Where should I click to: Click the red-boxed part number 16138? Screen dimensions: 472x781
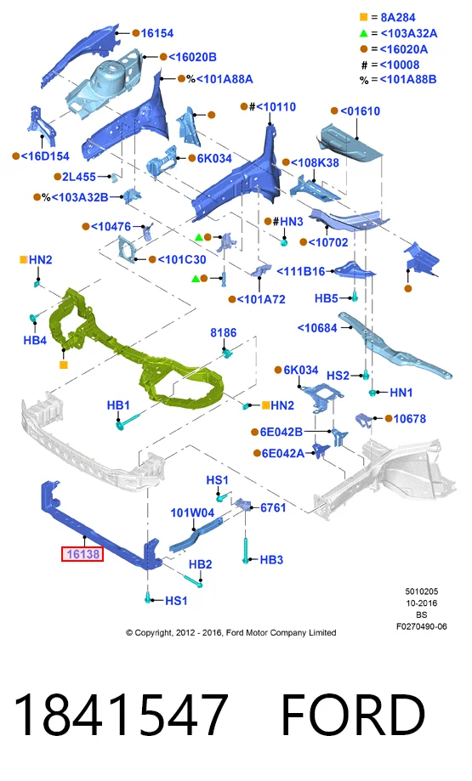pyautogui.click(x=82, y=554)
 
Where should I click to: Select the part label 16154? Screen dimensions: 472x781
pyautogui.click(x=157, y=33)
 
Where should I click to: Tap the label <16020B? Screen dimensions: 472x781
pyautogui.click(x=192, y=57)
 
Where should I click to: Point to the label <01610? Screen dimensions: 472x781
pyautogui.click(x=360, y=111)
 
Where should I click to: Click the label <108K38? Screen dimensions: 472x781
pyautogui.click(x=315, y=163)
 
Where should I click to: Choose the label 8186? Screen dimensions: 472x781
pyautogui.click(x=224, y=333)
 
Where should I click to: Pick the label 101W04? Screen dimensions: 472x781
pyautogui.click(x=192, y=512)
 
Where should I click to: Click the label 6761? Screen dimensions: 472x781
pyautogui.click(x=273, y=507)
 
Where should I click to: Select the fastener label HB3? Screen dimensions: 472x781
pyautogui.click(x=271, y=560)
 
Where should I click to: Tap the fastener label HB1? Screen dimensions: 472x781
pyautogui.click(x=118, y=405)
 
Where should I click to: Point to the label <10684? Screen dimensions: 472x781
pyautogui.click(x=317, y=328)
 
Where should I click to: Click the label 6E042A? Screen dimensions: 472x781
pyautogui.click(x=282, y=453)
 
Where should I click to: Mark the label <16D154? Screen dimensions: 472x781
pyautogui.click(x=45, y=156)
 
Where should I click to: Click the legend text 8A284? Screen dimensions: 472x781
pyautogui.click(x=398, y=18)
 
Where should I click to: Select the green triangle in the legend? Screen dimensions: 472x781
pyautogui.click(x=363, y=33)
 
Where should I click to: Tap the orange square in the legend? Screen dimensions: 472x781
pyautogui.click(x=363, y=17)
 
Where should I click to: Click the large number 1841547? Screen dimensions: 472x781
pyautogui.click(x=121, y=716)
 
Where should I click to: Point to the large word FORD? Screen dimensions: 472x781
pyautogui.click(x=353, y=716)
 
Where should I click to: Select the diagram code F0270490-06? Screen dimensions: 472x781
pyautogui.click(x=422, y=626)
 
